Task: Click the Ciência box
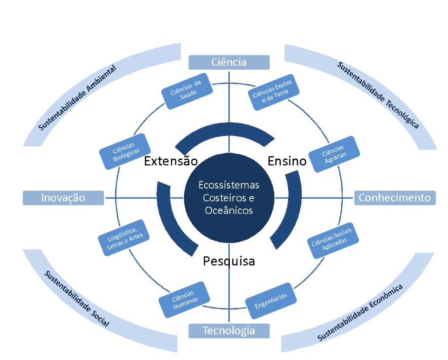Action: click(229, 62)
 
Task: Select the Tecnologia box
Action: click(229, 331)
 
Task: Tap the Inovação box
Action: click(63, 198)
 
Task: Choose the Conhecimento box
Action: click(394, 198)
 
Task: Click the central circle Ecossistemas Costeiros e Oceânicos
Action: click(228, 197)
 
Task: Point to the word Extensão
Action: click(170, 161)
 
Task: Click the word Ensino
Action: click(287, 161)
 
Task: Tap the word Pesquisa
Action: click(228, 261)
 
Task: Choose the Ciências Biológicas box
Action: click(125, 151)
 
